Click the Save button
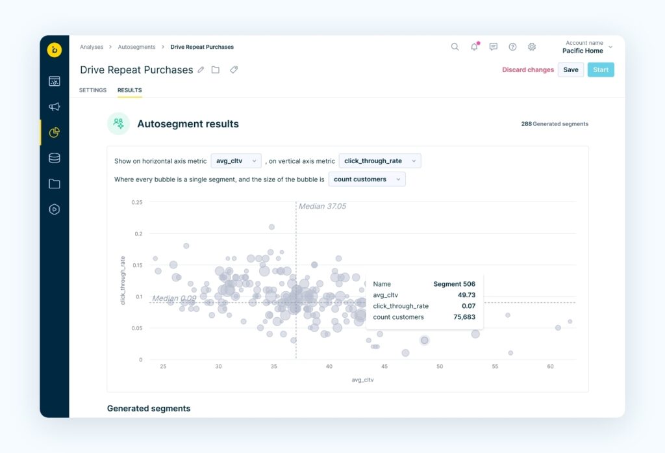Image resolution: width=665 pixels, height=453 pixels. [570, 70]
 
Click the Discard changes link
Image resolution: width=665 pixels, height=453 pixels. [528, 70]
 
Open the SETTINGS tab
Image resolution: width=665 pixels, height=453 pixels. [93, 90]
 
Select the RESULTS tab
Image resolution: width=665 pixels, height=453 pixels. [129, 90]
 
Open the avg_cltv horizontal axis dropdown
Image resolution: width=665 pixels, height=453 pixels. [236, 161]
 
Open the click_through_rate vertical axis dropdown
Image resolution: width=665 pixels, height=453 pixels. [379, 161]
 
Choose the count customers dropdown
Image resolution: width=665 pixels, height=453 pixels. [366, 179]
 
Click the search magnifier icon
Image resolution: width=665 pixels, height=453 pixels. [455, 47]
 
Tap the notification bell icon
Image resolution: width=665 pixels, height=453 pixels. [474, 47]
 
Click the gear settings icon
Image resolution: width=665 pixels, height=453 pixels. [532, 47]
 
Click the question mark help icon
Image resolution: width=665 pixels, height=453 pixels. [512, 47]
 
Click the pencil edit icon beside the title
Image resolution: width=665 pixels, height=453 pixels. [201, 70]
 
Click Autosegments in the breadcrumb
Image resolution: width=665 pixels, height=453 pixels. [136, 47]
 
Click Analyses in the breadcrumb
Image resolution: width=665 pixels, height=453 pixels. [92, 47]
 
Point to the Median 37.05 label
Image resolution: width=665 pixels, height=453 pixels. [322, 206]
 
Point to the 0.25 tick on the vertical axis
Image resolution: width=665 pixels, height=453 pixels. [136, 202]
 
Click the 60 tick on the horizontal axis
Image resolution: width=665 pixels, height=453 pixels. [550, 367]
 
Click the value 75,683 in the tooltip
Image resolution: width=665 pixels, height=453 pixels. [464, 317]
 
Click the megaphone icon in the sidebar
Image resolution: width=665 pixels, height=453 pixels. [55, 107]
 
